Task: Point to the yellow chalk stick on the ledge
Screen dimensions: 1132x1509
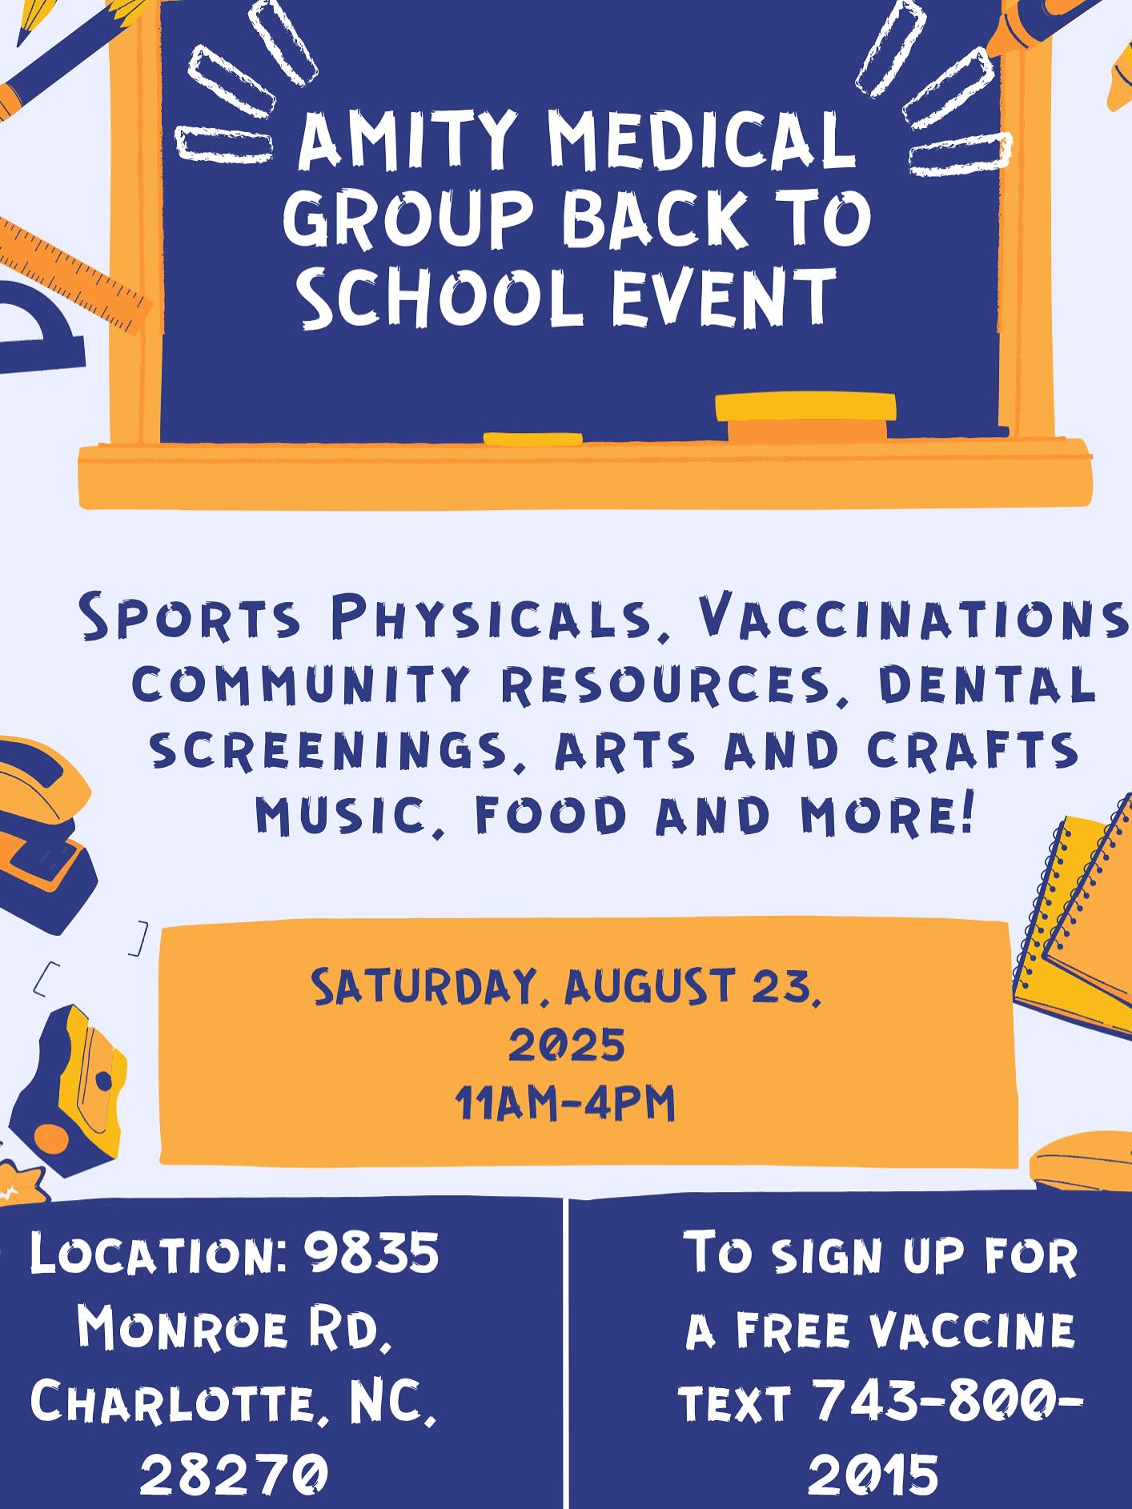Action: point(532,438)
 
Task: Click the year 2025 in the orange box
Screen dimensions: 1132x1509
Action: point(567,1045)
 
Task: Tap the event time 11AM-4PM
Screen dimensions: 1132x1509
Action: point(565,1103)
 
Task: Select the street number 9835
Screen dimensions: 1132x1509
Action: point(371,1252)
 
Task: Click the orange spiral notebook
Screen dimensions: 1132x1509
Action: point(1077,929)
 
